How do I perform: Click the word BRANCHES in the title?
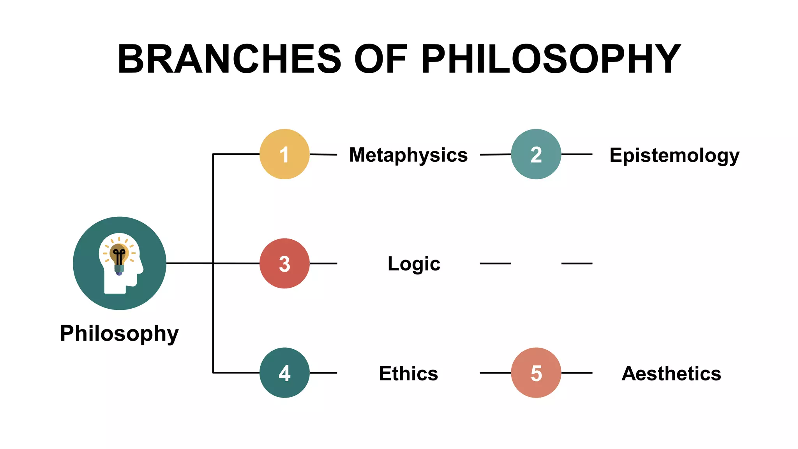229,59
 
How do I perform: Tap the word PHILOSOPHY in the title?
551,59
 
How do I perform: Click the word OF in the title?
381,59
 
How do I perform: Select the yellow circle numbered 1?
284,154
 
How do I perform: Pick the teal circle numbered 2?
536,154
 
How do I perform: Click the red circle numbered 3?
284,263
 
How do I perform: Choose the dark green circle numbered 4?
284,373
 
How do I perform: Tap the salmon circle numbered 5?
536,373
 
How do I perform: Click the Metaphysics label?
408,155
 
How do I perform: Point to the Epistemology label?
674,156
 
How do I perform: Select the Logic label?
414,264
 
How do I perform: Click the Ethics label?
408,373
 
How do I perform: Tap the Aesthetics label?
671,373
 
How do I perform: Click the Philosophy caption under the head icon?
119,334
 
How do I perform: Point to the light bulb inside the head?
119,255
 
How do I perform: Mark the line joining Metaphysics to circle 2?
495,155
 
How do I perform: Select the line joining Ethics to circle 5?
495,373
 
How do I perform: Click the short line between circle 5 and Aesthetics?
577,373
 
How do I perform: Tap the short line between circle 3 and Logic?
323,263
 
